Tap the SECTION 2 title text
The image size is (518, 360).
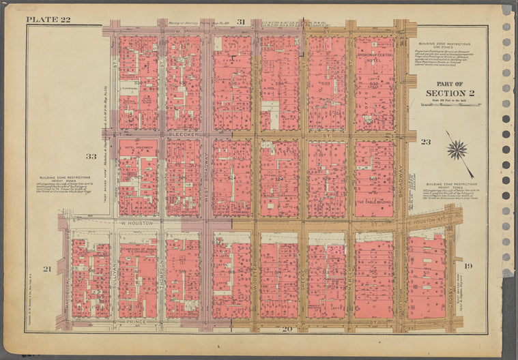pos(444,93)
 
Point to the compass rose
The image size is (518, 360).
pos(457,149)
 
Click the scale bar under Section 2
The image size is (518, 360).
pos(444,105)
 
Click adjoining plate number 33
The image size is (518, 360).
pos(91,156)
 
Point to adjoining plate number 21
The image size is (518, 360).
pos(47,269)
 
